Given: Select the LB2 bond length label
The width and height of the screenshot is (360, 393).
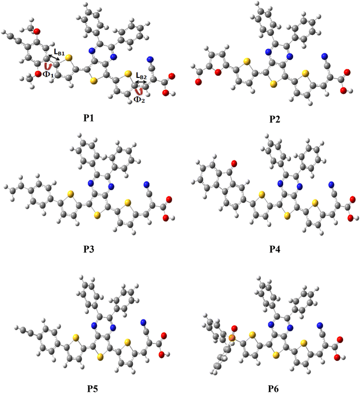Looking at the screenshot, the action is coord(141,77).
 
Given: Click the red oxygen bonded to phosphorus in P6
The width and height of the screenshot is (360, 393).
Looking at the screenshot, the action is coord(235,329).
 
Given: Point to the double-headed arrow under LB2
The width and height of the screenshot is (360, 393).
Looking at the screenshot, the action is coord(141,83).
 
